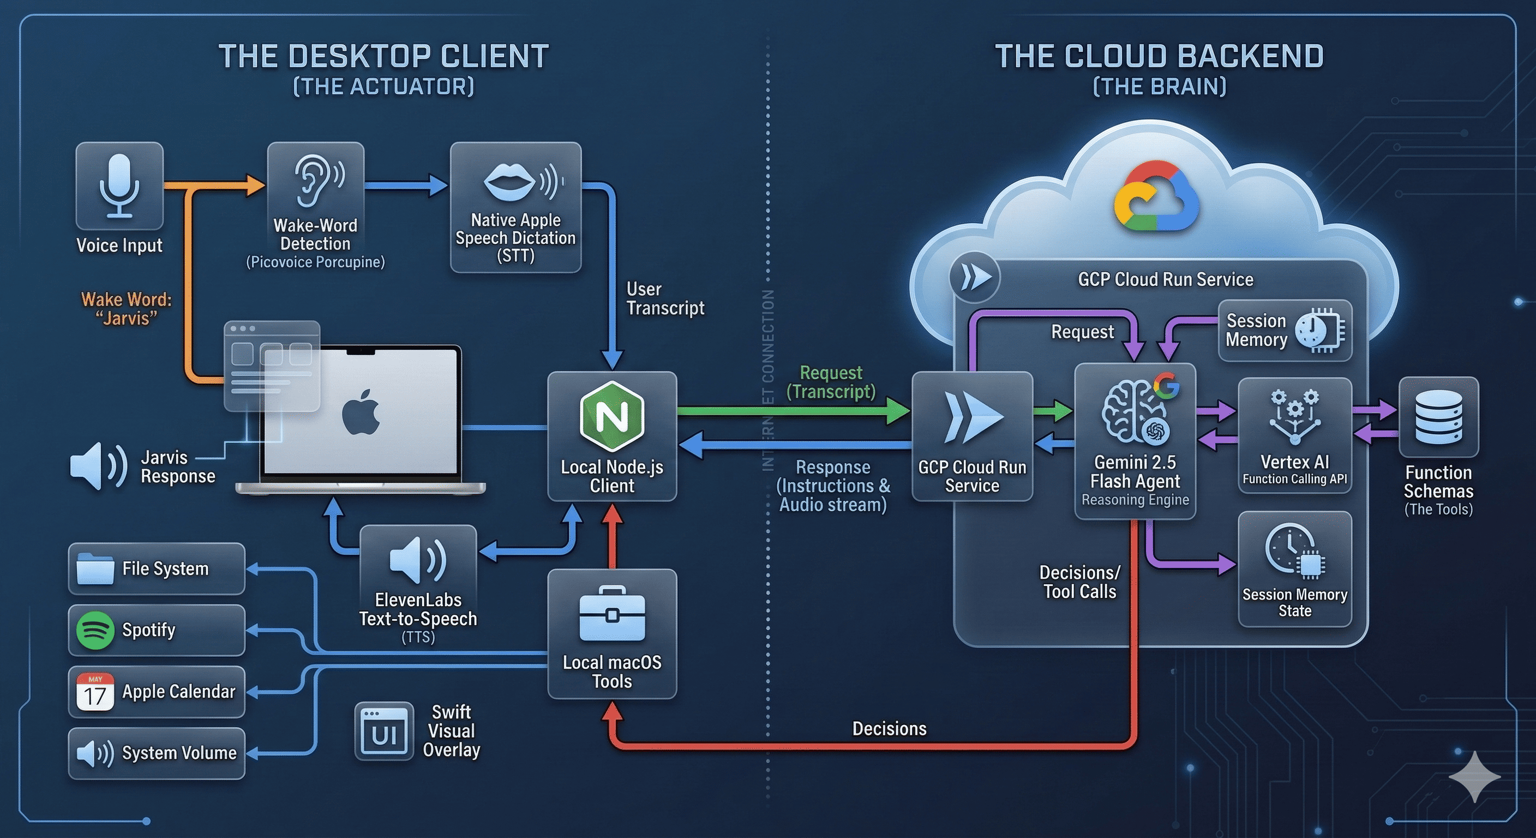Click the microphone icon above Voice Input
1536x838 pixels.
[x=119, y=185]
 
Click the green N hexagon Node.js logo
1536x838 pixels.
[x=612, y=416]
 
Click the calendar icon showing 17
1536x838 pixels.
[x=95, y=692]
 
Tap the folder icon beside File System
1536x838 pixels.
[x=95, y=568]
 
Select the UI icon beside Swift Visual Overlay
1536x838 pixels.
[x=384, y=731]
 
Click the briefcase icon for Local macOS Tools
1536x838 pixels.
[x=612, y=614]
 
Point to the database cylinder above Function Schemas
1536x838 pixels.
[x=1438, y=417]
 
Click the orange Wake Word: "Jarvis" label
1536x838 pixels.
[x=127, y=308]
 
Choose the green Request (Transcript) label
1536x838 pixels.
[x=831, y=382]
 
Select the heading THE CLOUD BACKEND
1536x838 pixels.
[x=1159, y=57]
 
